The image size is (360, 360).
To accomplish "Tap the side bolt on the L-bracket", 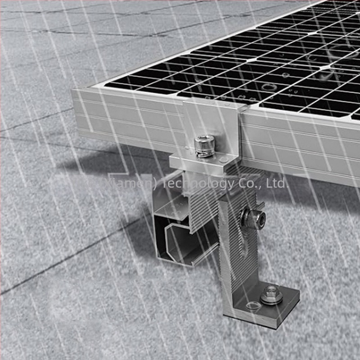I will [253, 219].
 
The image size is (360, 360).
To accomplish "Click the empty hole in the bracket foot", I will [253, 306].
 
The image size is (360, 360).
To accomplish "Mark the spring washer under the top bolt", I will [205, 153].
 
